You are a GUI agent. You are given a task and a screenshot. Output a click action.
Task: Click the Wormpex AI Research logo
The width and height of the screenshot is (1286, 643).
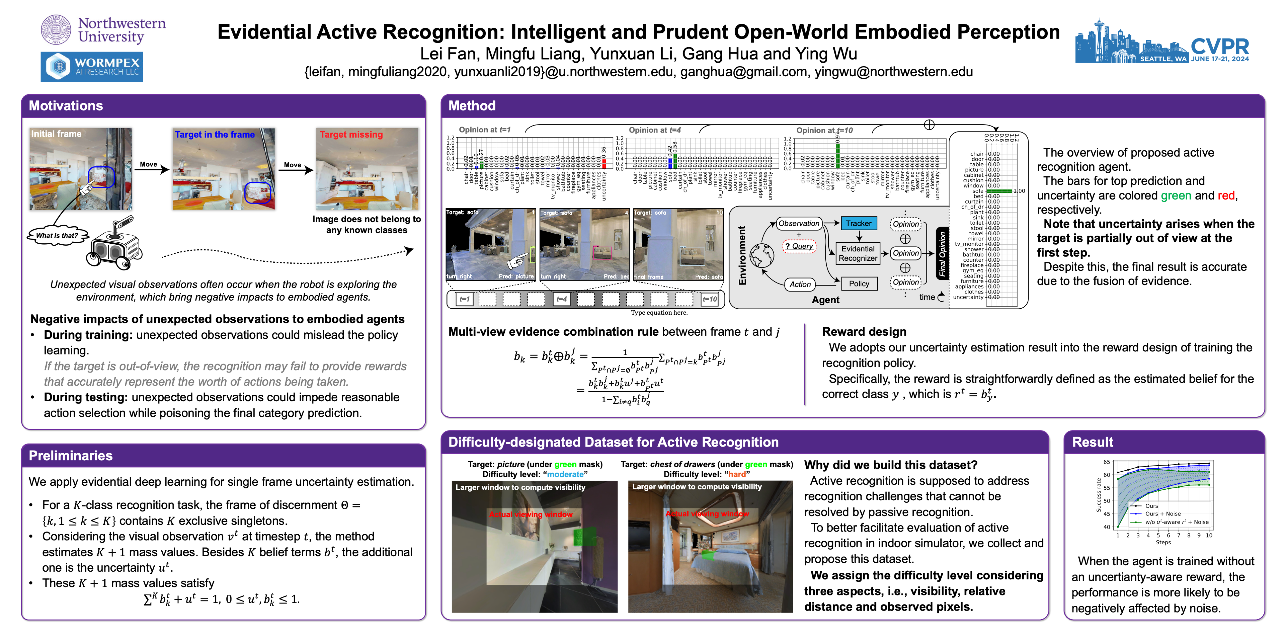[92, 67]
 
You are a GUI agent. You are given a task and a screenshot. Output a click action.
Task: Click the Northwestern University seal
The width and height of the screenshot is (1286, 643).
[56, 30]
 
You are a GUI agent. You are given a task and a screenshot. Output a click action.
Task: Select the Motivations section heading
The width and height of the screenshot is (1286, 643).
[66, 106]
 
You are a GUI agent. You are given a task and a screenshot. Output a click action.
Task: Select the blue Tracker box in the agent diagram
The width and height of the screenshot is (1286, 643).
[858, 224]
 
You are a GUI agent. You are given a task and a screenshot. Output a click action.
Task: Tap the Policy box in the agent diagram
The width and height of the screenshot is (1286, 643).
[859, 284]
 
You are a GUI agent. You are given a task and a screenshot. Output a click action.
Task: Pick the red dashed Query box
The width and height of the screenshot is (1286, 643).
[799, 246]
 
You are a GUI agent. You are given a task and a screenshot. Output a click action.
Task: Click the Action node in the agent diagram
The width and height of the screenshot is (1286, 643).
[800, 284]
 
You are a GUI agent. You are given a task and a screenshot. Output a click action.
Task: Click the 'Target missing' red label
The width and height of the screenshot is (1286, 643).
[351, 135]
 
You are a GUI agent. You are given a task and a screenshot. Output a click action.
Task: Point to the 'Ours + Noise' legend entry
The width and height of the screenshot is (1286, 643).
[1162, 514]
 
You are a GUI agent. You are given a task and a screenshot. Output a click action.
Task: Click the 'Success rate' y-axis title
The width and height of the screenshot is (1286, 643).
[1098, 495]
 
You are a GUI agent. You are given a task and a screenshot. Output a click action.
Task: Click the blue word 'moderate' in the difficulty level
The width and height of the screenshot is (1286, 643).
[565, 474]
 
